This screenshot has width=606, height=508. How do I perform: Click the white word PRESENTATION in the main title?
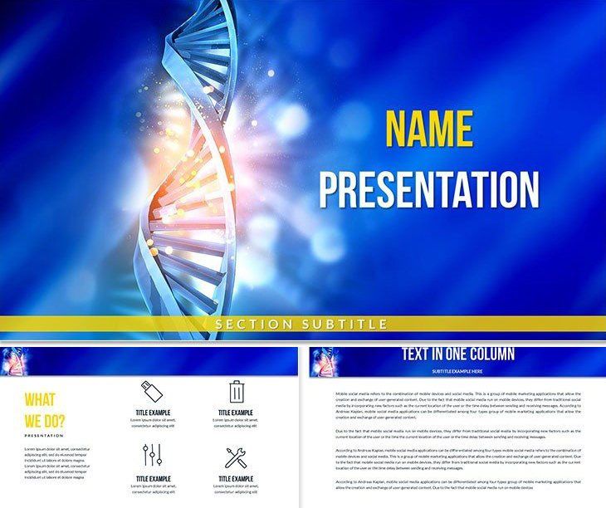coord(429,190)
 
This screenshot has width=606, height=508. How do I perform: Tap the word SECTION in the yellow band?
coord(251,324)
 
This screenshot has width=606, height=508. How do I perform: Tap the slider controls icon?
coord(151,456)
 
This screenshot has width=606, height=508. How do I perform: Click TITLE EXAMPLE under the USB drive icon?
coord(153,413)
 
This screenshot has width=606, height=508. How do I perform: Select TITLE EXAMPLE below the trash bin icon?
coord(237,413)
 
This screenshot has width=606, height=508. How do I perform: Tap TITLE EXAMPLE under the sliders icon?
coord(153,478)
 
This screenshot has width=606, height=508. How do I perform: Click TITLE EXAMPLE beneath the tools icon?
coord(237,478)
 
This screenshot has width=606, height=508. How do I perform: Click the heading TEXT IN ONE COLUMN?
coord(458,354)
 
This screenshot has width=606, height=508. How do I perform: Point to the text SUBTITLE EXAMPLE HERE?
coord(458,370)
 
